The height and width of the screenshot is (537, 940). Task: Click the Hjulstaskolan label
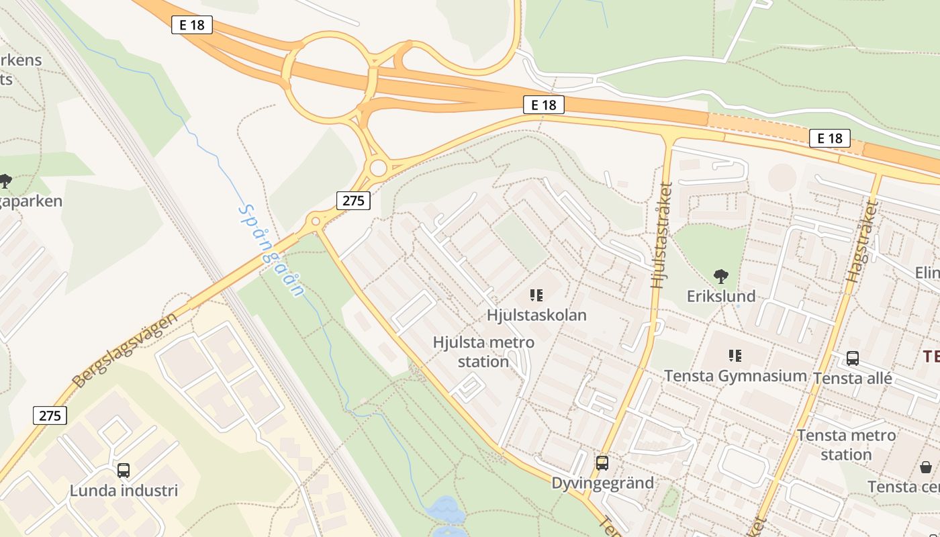coord(536,315)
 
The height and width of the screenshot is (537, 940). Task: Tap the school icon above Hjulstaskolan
coord(536,295)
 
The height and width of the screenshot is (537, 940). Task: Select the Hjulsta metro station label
coord(483,352)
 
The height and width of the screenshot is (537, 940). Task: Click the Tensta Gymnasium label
coord(735,376)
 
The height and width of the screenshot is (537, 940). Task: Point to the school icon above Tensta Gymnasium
coord(735,356)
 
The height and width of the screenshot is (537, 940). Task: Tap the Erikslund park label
coord(721,296)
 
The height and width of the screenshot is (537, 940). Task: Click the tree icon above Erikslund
coord(721,276)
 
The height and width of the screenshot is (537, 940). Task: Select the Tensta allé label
coord(853,378)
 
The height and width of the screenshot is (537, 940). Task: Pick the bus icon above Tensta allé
coord(853,358)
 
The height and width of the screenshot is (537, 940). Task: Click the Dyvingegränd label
coord(603,483)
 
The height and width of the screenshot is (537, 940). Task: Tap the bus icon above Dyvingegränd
coord(602,463)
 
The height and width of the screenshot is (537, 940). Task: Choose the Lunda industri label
coord(124,490)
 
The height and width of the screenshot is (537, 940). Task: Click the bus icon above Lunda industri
coord(124,471)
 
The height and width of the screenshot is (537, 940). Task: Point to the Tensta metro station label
coord(846,444)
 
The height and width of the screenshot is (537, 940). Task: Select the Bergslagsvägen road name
coord(125,350)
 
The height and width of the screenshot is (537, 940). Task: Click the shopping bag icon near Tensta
coord(926,467)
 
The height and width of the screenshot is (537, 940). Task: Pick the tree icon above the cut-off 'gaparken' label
coord(5,181)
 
